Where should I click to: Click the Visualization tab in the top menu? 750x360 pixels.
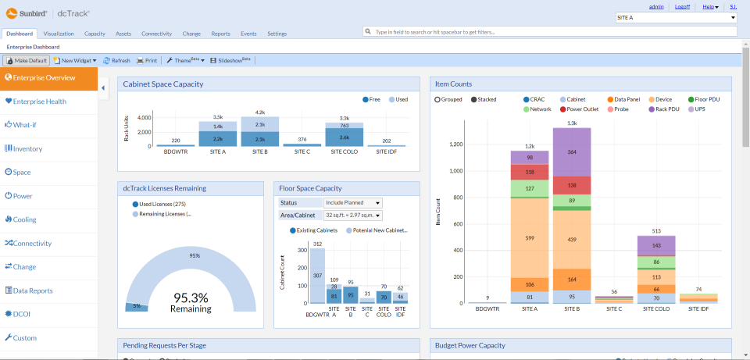click(x=59, y=34)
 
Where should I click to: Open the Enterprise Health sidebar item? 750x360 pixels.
click(x=40, y=102)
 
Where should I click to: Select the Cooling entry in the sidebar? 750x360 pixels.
click(x=25, y=219)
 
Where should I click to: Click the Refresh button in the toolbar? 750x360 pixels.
click(x=116, y=60)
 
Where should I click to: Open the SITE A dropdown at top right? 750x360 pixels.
click(x=677, y=17)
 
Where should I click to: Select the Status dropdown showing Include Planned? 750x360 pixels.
click(x=352, y=203)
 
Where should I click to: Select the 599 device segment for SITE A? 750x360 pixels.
click(x=530, y=238)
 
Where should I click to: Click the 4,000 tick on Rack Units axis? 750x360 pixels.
click(x=144, y=118)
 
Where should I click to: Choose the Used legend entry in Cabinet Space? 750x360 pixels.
click(x=401, y=100)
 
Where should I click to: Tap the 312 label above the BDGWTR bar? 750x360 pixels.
click(x=317, y=244)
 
